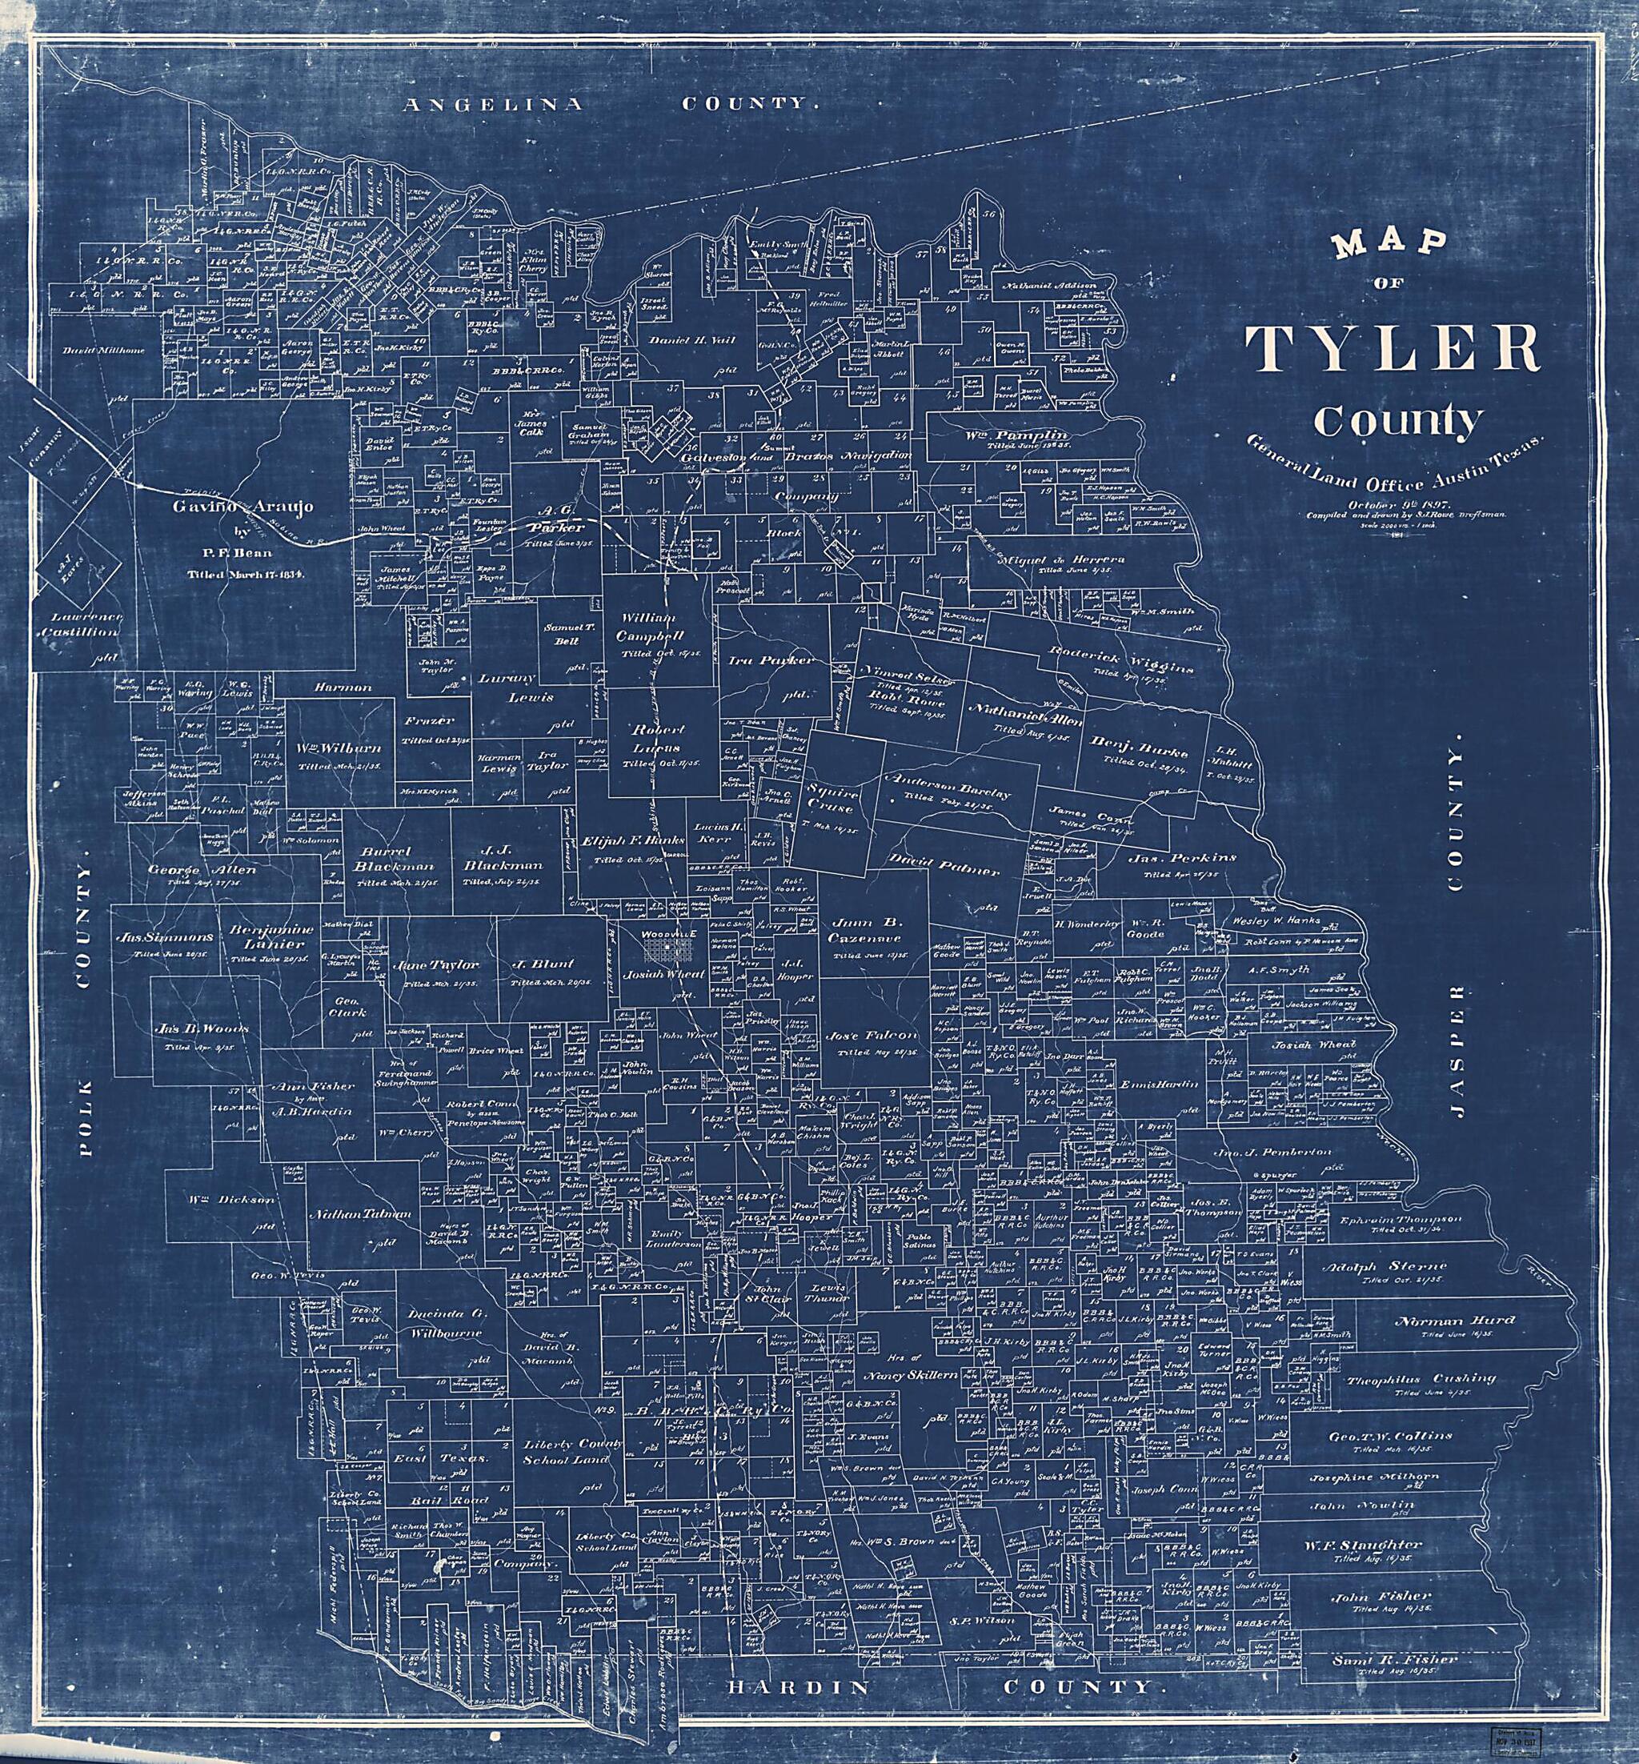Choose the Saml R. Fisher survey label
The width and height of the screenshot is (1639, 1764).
[x=1394, y=1634]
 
